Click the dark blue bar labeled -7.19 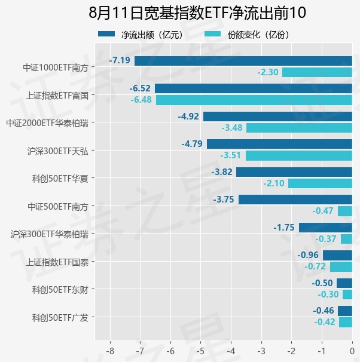point(243,61)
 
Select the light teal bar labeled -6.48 point(254,100)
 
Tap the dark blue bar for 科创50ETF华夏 point(294,172)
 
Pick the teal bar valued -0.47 point(345,211)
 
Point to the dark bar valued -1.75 point(325,228)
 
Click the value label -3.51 point(231,155)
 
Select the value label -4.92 point(188,116)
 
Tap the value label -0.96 point(308,255)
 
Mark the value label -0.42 point(325,322)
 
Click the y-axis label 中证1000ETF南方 point(56,68)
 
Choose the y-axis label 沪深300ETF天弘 point(58,151)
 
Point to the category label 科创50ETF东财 point(60,290)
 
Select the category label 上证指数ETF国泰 point(57,262)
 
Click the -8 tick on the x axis point(110,351)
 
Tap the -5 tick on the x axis point(200,351)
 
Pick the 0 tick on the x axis point(352,351)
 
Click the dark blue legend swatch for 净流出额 point(106,34)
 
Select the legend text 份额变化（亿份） point(258,35)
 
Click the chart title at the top point(197,13)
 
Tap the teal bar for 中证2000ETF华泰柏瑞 point(299,128)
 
